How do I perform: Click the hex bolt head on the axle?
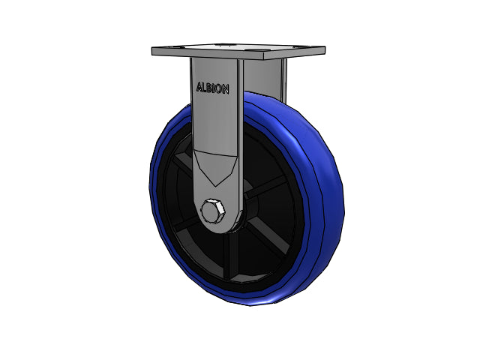tap(213, 211)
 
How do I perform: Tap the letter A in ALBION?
tap(199, 87)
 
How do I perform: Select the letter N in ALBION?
tap(225, 89)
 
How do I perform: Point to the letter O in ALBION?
tap(217, 88)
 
